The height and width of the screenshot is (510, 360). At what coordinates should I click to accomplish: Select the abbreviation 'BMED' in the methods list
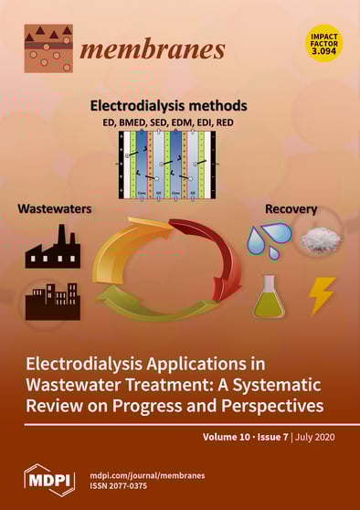pyautogui.click(x=155, y=121)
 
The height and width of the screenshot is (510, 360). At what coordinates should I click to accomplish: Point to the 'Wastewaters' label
pyautogui.click(x=55, y=209)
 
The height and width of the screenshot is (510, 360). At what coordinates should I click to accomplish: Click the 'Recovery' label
pyautogui.click(x=291, y=209)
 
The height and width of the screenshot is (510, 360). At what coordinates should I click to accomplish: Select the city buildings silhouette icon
pyautogui.click(x=52, y=300)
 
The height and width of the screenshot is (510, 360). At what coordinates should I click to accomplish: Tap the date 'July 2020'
pyautogui.click(x=315, y=439)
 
